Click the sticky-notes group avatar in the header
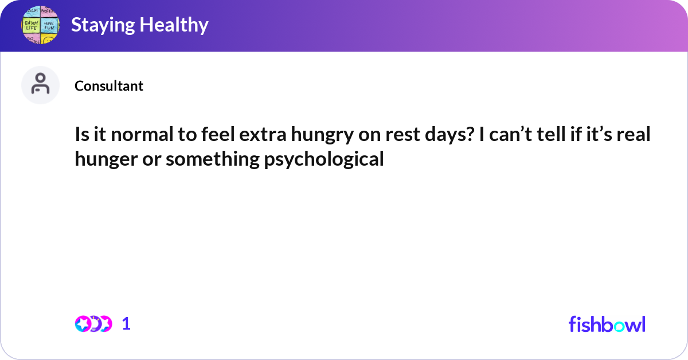click(x=40, y=26)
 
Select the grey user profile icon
click(x=40, y=85)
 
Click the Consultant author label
click(x=109, y=86)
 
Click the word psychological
click(x=323, y=159)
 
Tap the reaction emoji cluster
click(x=93, y=324)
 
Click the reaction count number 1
click(x=126, y=324)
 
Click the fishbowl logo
click(x=607, y=324)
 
